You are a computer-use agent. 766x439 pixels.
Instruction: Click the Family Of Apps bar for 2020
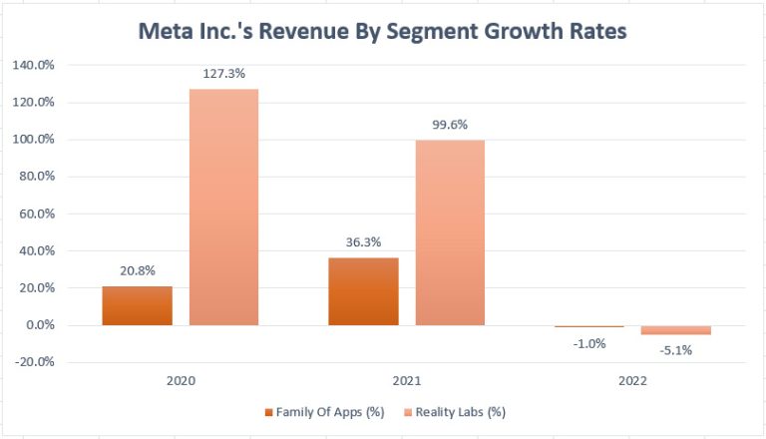tap(137, 305)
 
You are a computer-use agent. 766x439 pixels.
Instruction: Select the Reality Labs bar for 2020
tap(223, 207)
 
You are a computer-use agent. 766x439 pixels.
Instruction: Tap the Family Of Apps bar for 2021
tap(363, 291)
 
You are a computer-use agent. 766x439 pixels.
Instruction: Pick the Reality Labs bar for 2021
tap(450, 232)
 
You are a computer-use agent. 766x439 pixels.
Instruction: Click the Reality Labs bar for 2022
tap(676, 330)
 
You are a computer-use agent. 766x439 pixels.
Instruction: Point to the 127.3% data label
tap(224, 75)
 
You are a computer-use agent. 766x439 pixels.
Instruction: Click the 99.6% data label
tap(450, 126)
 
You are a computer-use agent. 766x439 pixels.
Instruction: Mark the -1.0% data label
tap(589, 342)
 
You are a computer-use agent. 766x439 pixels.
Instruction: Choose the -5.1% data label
tap(676, 350)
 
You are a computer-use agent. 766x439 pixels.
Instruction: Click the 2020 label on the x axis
tap(181, 381)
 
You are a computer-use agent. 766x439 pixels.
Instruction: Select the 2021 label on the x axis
tap(407, 381)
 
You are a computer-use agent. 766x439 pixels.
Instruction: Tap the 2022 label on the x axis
tap(632, 381)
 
